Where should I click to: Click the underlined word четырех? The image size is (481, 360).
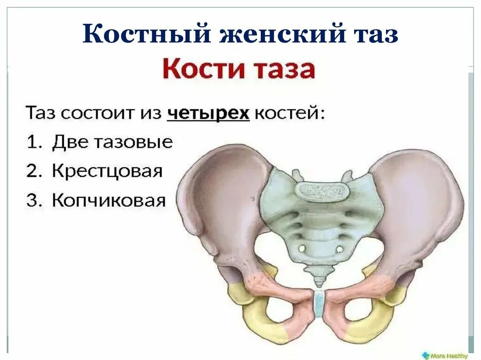[209, 114]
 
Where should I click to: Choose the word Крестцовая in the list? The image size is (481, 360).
[107, 171]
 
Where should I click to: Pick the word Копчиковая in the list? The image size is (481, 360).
[109, 200]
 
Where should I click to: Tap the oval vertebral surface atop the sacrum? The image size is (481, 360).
[322, 191]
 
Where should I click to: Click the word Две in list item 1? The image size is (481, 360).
[66, 142]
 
